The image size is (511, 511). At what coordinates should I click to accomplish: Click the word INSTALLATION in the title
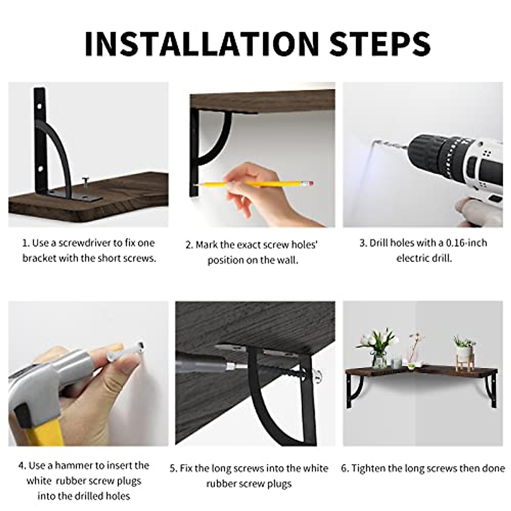(x=201, y=43)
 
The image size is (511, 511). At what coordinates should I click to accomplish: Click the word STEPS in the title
(x=379, y=43)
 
